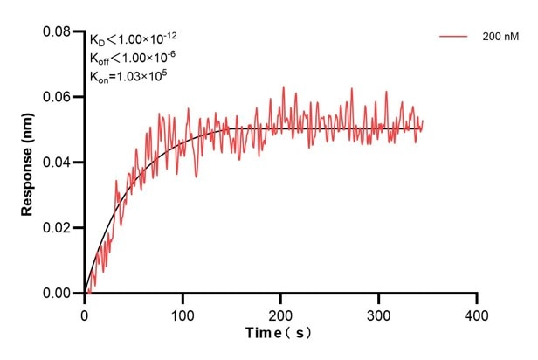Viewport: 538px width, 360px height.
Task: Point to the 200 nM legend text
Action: click(498, 38)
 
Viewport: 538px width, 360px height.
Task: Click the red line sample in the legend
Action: click(454, 38)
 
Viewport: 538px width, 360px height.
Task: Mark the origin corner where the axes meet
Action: click(85, 294)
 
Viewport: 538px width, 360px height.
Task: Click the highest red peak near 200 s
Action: click(283, 87)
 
